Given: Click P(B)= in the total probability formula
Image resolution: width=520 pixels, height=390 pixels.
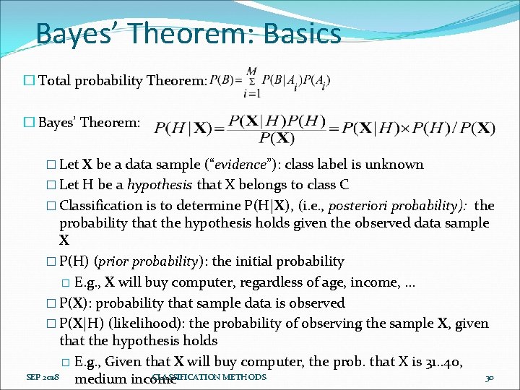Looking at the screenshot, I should [227, 79].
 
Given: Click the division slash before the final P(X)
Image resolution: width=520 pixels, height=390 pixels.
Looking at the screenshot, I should [455, 129].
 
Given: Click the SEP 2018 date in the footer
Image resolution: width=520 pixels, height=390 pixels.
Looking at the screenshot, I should [43, 378].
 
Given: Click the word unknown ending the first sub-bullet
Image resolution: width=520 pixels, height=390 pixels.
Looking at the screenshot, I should [396, 165].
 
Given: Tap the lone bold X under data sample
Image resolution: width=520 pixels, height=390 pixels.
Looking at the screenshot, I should [64, 240].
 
